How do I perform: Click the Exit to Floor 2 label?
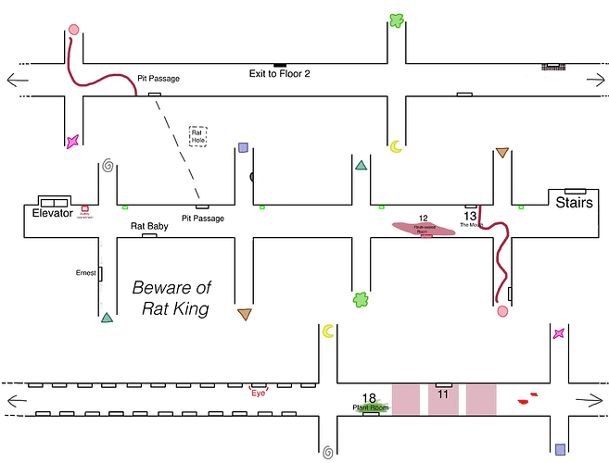pyautogui.click(x=279, y=73)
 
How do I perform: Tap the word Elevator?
pyautogui.click(x=52, y=213)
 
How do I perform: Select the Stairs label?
pyautogui.click(x=575, y=203)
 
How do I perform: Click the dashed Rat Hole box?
pyautogui.click(x=198, y=136)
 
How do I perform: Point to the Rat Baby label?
pyautogui.click(x=149, y=226)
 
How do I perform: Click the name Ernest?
pyautogui.click(x=85, y=273)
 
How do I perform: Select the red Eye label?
pyautogui.click(x=260, y=393)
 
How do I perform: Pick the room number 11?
pyautogui.click(x=443, y=394)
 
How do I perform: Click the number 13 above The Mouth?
pyautogui.click(x=470, y=216)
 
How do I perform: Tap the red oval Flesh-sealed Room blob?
pyautogui.click(x=425, y=227)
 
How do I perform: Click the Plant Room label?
pyautogui.click(x=370, y=407)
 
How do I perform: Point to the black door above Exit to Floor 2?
pyautogui.click(x=279, y=63)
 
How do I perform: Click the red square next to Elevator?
pyautogui.click(x=84, y=208)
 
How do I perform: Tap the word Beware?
pyautogui.click(x=168, y=288)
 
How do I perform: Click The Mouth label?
pyautogui.click(x=471, y=225)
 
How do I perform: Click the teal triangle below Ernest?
pyautogui.click(x=108, y=318)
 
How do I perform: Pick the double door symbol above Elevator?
pyautogui.click(x=53, y=201)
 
